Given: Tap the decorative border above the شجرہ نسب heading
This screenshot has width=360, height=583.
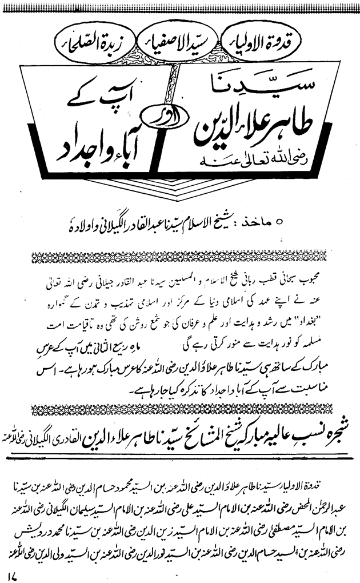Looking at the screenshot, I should point(179,409).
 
